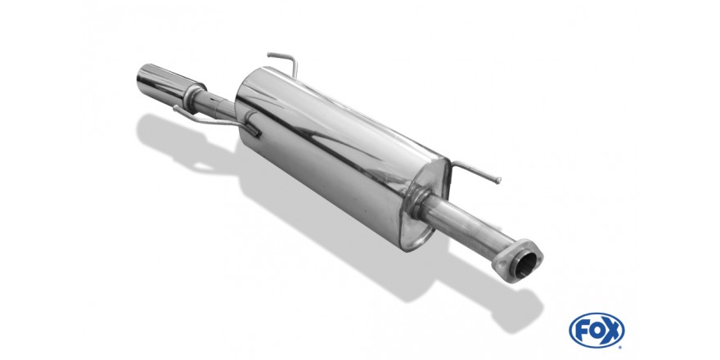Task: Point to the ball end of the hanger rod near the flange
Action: pyautogui.click(x=498, y=181)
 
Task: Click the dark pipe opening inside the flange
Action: pyautogui.click(x=524, y=264)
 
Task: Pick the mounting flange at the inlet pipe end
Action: pyautogui.click(x=517, y=262)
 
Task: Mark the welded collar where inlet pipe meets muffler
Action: pyautogui.click(x=418, y=200)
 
